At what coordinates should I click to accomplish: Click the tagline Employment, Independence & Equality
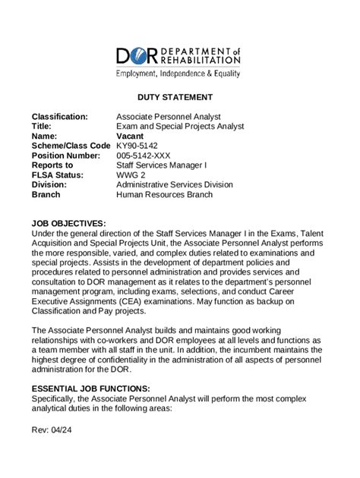(178, 74)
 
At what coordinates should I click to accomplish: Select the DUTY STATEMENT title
(179, 97)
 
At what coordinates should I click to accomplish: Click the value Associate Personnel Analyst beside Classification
(170, 116)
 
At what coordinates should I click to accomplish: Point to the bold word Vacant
(131, 136)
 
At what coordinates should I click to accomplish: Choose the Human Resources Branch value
(164, 194)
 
